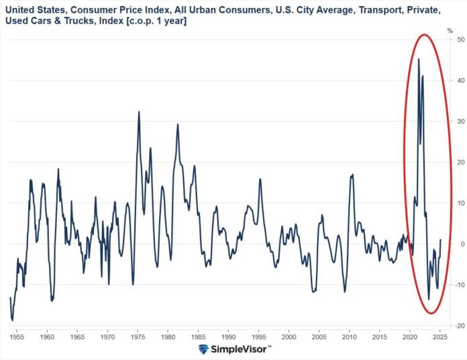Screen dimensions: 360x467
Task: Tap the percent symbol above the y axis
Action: point(450,30)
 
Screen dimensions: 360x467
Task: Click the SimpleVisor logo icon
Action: point(205,349)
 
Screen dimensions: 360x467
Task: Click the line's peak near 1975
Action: point(139,111)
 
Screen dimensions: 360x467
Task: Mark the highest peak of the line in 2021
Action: point(419,59)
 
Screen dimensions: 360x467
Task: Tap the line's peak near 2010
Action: point(352,175)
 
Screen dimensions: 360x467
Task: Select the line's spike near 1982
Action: point(178,124)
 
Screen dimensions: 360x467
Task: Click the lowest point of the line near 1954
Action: point(12,320)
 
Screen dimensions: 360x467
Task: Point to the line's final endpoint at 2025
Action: point(441,240)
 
